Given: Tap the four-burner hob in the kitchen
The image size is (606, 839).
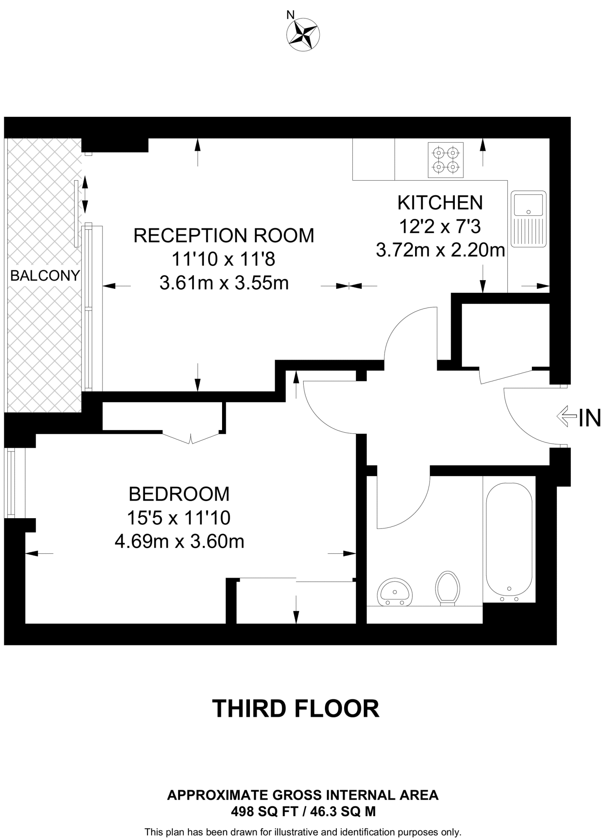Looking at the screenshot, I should point(445,160).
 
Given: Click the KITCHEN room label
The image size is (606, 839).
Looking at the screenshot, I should point(440,203).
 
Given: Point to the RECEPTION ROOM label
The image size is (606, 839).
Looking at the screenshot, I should point(224,236).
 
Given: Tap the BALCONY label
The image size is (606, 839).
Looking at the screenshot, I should point(45,276).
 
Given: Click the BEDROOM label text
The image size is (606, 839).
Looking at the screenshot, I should point(179,494).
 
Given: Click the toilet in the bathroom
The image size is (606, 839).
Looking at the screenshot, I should point(447,588).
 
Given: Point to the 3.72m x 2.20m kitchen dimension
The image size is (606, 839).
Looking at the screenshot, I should point(440,250).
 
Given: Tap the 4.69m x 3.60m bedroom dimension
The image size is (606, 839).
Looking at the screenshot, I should point(179,542).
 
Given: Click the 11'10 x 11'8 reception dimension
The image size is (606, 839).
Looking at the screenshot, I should point(224,259).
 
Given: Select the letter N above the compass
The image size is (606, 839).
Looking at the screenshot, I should point(290,15).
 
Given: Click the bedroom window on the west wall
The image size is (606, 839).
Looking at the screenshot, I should point(11,484).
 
